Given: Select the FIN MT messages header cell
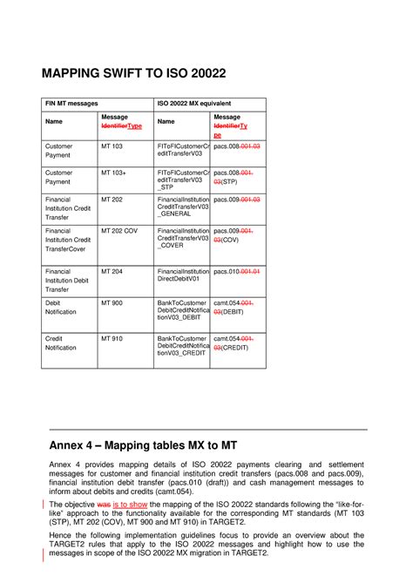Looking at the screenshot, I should [70, 103].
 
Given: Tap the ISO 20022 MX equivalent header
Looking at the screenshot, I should [193, 103].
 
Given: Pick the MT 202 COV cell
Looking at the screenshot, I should [119, 231].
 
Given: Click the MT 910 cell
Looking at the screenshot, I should [112, 336].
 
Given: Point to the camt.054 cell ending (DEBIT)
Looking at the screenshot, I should [235, 307].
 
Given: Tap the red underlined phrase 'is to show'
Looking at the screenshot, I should [139, 505].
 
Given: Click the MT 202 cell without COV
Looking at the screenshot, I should [112, 199].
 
